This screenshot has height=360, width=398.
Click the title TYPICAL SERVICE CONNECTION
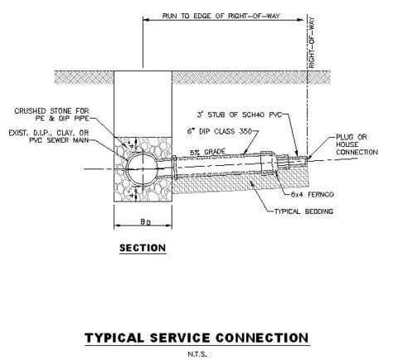pyautogui.click(x=197, y=338)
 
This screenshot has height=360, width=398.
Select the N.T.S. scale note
pyautogui.click(x=197, y=354)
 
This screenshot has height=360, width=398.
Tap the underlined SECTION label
pyautogui.click(x=143, y=248)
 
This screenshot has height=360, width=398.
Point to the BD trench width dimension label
pyautogui.click(x=146, y=221)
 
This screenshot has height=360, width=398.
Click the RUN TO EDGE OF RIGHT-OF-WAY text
pyautogui.click(x=221, y=16)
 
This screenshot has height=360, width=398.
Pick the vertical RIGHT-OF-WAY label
pyautogui.click(x=312, y=42)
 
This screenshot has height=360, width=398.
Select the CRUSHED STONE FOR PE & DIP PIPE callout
pyautogui.click(x=51, y=114)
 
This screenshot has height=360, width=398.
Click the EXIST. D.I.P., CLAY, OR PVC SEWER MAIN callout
pyautogui.click(x=49, y=137)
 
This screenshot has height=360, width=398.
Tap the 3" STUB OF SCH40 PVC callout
pyautogui.click(x=240, y=114)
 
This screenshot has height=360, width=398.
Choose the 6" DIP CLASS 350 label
pyautogui.click(x=220, y=131)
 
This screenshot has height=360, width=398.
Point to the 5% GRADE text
pyautogui.click(x=207, y=152)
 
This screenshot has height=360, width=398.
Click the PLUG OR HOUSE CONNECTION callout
pyautogui.click(x=357, y=144)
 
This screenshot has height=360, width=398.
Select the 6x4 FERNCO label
pyautogui.click(x=313, y=194)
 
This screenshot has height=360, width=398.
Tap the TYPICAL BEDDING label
pyautogui.click(x=303, y=212)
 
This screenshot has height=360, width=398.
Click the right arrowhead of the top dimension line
pyautogui.click(x=300, y=20)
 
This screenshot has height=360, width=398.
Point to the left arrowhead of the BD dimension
pyautogui.click(x=118, y=226)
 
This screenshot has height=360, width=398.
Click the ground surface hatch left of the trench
pyautogui.click(x=84, y=77)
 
